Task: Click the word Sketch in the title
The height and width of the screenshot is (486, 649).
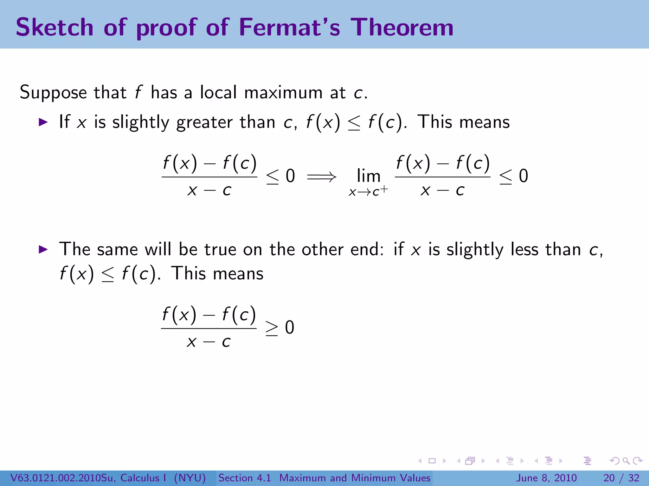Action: click(55, 27)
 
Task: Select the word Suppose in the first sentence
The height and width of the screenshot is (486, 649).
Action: click(53, 93)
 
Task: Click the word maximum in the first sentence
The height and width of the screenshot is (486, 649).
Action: click(283, 93)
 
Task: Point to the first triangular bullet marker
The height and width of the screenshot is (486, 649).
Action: click(43, 122)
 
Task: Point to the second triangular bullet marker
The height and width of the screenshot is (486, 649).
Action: click(43, 249)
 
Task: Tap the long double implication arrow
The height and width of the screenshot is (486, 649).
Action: click(321, 177)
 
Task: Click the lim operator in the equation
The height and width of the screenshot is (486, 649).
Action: click(368, 176)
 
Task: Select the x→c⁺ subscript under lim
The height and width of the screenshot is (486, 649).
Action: click(368, 191)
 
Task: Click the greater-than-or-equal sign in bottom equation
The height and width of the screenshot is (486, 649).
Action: click(272, 328)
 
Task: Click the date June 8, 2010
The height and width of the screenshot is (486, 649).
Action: click(547, 478)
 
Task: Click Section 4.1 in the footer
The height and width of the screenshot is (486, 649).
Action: click(245, 478)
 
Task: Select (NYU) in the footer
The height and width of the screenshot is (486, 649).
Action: click(190, 478)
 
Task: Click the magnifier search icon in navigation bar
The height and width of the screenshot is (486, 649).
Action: click(626, 461)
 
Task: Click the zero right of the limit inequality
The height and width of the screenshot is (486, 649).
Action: click(524, 176)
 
